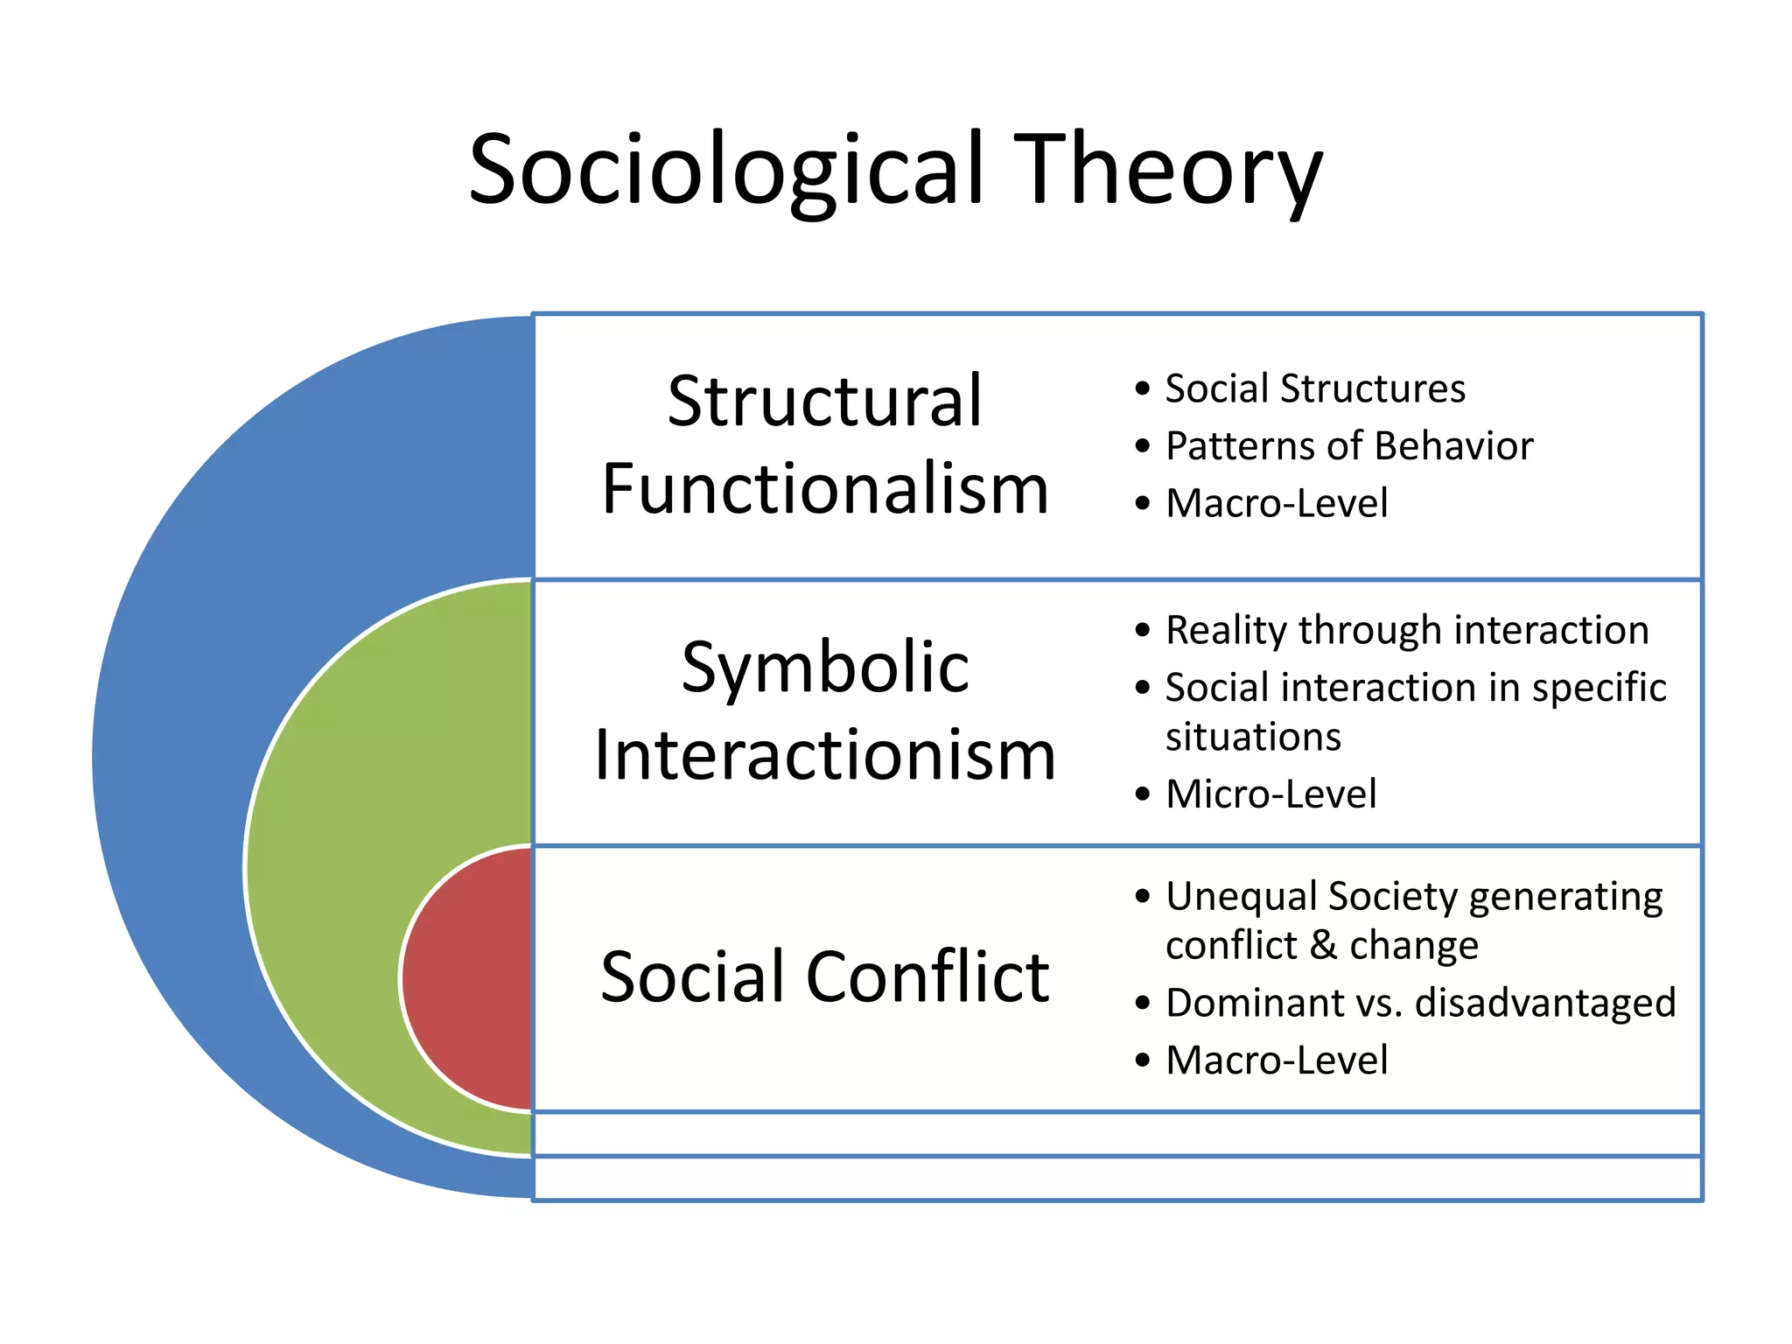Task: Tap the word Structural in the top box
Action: click(825, 402)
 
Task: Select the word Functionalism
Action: click(825, 489)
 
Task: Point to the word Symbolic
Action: click(825, 668)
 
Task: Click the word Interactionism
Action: click(825, 755)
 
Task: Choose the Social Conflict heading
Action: click(825, 976)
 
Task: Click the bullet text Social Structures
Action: click(1314, 388)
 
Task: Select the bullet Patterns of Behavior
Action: click(1349, 446)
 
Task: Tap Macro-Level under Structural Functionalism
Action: click(1277, 503)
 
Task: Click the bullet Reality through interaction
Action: click(1407, 630)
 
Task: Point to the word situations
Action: click(1253, 737)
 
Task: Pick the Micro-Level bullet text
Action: click(1270, 794)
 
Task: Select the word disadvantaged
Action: click(1545, 1003)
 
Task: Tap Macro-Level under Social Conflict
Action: click(1277, 1060)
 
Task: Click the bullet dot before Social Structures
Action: click(1142, 389)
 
